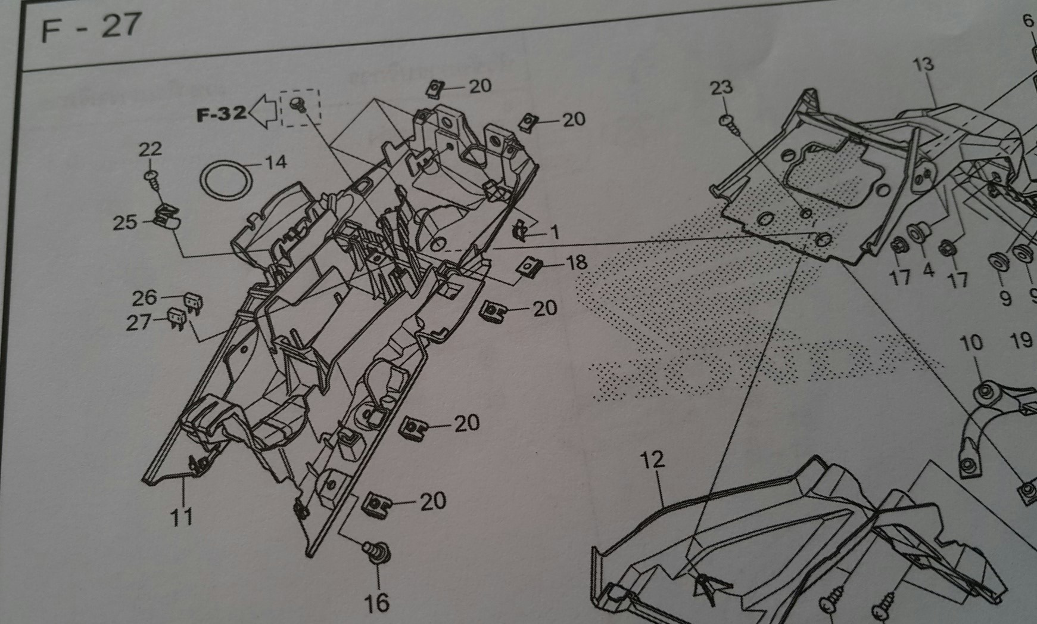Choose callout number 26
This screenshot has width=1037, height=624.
144,297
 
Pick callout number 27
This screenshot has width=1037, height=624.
139,322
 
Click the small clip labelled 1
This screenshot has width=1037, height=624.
521,231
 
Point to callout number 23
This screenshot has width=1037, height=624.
721,88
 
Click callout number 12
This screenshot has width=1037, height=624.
652,460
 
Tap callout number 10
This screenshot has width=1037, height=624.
971,343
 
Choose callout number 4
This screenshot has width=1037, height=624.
928,271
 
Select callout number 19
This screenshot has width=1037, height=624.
1021,340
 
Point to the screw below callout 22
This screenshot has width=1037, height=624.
151,177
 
